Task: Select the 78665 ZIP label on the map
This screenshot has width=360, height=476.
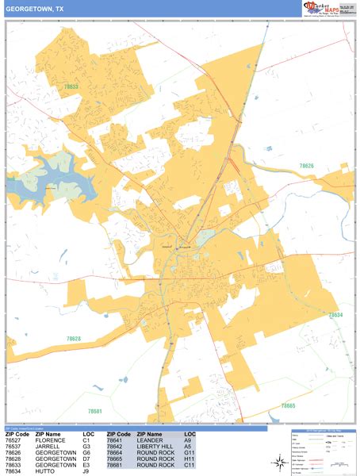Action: click(288, 405)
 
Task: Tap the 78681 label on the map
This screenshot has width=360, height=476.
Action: click(94, 412)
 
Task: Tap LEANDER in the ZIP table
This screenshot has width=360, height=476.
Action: click(150, 440)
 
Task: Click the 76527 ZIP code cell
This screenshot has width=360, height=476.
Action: click(16, 440)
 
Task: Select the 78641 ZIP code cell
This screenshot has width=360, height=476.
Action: click(117, 440)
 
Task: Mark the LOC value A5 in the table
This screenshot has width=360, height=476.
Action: click(188, 447)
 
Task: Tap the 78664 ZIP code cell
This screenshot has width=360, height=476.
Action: click(117, 453)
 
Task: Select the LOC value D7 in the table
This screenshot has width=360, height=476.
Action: click(87, 459)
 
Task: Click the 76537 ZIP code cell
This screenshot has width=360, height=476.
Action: click(16, 447)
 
